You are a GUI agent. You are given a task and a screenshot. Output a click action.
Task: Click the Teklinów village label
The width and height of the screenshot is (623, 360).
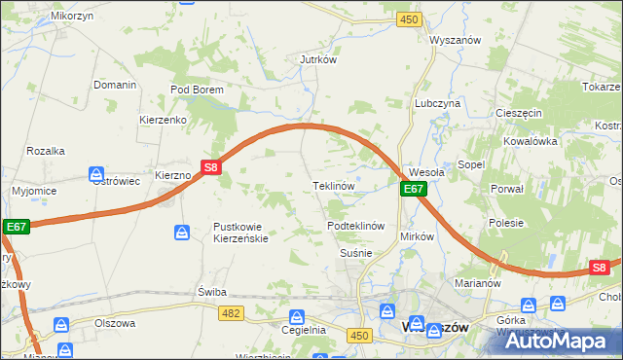[331, 185]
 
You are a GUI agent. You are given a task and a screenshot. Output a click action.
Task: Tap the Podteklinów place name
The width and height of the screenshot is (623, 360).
[357, 225]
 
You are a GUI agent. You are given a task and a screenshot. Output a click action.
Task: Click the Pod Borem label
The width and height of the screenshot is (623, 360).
[198, 90]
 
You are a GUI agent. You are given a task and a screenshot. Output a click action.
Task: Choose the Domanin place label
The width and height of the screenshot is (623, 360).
[115, 85]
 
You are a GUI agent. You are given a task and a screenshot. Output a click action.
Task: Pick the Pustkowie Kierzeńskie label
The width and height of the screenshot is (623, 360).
[246, 233]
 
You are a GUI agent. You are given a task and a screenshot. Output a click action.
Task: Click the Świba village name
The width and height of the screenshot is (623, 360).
[211, 291]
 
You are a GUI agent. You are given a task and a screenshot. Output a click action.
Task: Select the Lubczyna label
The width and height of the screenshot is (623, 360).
[437, 102]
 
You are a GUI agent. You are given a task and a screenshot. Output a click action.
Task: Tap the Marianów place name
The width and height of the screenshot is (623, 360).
[477, 283]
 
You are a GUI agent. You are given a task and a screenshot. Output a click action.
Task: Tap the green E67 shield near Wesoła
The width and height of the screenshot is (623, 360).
[414, 189]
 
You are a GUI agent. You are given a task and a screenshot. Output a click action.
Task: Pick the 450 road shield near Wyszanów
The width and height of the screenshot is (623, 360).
[409, 19]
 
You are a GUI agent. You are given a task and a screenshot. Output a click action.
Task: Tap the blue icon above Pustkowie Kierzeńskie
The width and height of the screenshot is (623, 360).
[182, 232]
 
